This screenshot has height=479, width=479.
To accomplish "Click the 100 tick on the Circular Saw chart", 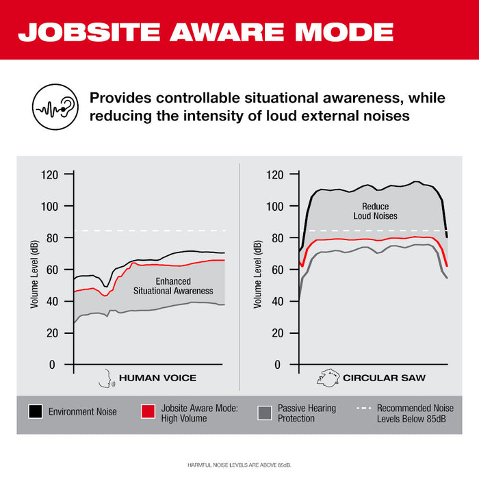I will click(x=274, y=206).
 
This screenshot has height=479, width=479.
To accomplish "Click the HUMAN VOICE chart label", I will click(x=157, y=378).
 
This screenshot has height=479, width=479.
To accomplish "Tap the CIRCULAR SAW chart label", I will click(x=384, y=378).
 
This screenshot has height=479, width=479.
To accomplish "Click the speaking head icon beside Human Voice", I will click(x=107, y=378).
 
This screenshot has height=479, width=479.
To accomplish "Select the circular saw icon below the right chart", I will click(x=329, y=378).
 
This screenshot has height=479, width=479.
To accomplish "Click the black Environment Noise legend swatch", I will click(x=35, y=412).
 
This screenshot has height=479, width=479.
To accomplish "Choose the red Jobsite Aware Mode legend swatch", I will click(x=148, y=412).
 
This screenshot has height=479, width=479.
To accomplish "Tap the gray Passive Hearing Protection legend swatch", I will click(x=264, y=412).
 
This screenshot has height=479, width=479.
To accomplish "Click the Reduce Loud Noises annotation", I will click(x=375, y=211).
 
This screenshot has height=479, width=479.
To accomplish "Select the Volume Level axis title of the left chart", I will click(x=34, y=274).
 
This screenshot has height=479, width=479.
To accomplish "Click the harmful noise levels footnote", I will click(x=239, y=465).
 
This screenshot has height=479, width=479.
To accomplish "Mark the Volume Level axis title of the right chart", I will click(x=257, y=274).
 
